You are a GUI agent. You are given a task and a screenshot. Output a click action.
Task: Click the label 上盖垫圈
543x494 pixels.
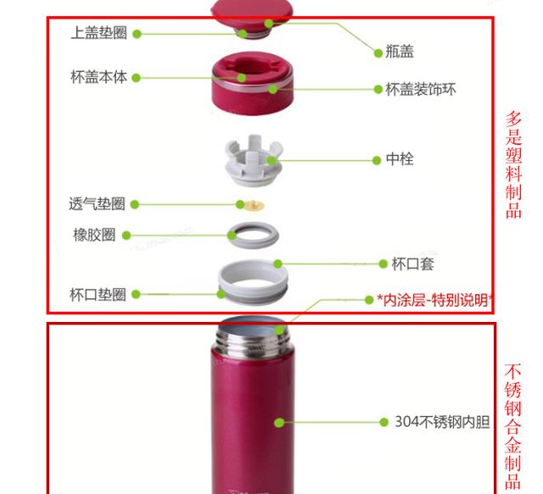[99, 33]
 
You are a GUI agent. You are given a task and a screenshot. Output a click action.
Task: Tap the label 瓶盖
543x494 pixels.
[400, 53]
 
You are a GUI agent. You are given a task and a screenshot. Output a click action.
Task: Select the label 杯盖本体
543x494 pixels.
[98, 77]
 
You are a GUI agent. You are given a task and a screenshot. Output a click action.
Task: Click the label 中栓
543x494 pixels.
[400, 159]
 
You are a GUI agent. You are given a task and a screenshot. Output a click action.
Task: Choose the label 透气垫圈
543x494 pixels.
[97, 203]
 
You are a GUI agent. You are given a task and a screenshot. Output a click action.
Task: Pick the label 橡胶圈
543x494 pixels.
[94, 235]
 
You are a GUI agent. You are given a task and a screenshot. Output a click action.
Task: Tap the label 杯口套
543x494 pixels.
[412, 264]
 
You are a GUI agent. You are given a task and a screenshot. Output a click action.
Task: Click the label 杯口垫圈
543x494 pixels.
[98, 294]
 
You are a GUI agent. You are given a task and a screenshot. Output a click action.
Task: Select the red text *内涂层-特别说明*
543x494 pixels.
[435, 299]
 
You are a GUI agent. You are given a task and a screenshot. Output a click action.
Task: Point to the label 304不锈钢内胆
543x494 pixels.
[442, 421]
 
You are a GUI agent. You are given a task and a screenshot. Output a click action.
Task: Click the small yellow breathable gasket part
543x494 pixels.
[250, 204]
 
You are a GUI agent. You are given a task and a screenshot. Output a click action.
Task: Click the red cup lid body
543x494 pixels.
[250, 85]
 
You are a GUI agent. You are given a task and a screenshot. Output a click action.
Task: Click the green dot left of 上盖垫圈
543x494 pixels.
[137, 34]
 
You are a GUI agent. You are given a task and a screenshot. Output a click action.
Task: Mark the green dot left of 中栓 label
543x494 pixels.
[375, 159]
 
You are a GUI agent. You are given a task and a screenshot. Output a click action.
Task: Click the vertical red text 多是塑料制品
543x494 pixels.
[514, 165]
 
